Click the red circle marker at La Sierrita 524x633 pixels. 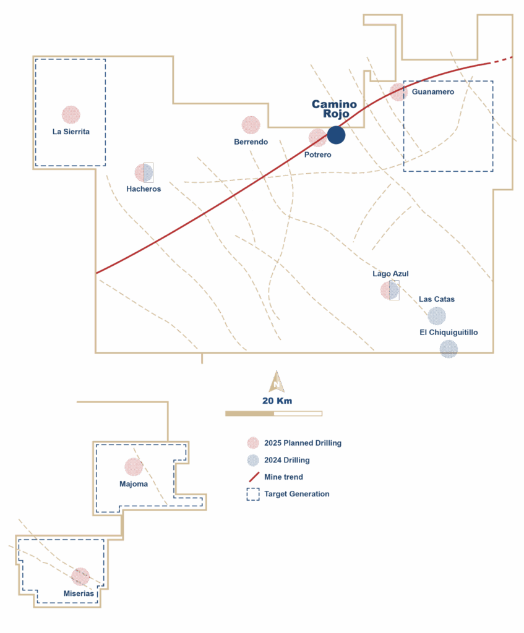click(71, 114)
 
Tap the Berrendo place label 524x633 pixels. click(251, 142)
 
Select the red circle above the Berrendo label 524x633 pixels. click(251, 125)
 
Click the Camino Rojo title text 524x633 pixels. click(334, 109)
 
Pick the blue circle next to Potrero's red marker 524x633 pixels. click(336, 135)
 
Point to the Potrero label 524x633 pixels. click(317, 155)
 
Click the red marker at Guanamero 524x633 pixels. click(398, 92)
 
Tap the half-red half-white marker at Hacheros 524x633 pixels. click(144, 172)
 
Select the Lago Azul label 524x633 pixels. click(391, 273)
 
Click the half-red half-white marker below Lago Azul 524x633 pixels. click(390, 290)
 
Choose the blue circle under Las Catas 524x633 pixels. click(437, 316)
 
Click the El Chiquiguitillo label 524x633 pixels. click(449, 333)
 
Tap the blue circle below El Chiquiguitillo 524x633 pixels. click(449, 349)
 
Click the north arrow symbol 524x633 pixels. click(277, 381)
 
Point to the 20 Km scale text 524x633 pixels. click(277, 401)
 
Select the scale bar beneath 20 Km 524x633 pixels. click(273, 413)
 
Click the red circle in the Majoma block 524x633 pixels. click(134, 467)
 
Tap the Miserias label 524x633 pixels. click(79, 593)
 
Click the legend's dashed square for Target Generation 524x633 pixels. click(252, 494)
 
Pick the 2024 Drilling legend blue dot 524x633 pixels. click(252, 460)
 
